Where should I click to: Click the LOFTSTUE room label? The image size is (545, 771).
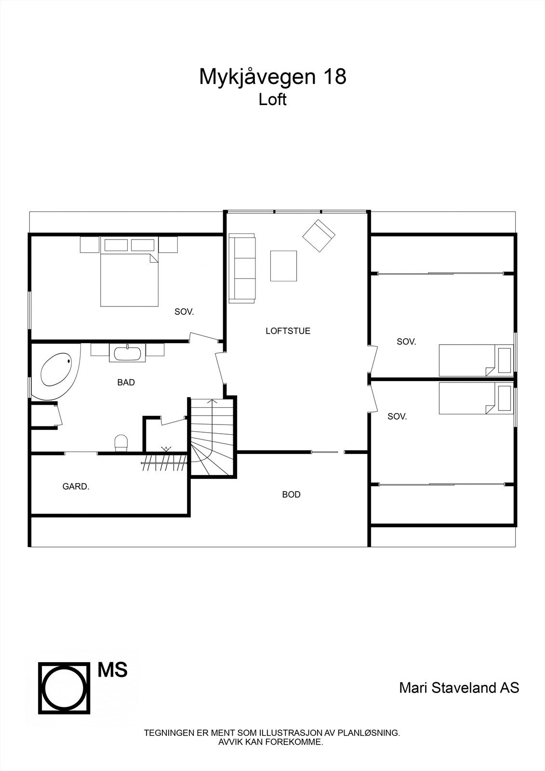coord(288,331)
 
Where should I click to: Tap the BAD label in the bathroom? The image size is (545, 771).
coord(126,383)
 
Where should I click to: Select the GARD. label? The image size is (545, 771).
coord(76,487)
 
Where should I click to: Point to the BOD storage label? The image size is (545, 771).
coord(291,495)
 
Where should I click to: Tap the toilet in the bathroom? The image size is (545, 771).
coord(121,442)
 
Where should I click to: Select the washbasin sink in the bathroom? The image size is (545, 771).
coord(127,353)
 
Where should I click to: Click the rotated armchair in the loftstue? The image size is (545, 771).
coord(319,236)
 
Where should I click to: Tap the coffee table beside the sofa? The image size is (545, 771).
coord(283,266)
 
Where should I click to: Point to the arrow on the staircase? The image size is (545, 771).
coord(212,405)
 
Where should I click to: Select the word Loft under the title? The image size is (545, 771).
coord(272,100)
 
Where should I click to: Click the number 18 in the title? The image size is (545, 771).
coord(334,77)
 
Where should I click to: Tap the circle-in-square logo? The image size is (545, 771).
coord(64,688)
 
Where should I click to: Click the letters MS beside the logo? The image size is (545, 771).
coord(112,670)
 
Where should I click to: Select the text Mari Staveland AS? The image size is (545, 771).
coord(459,688)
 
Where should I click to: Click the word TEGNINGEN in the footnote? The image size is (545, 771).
coord(167,733)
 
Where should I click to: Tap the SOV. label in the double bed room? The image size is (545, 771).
coord(184,312)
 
